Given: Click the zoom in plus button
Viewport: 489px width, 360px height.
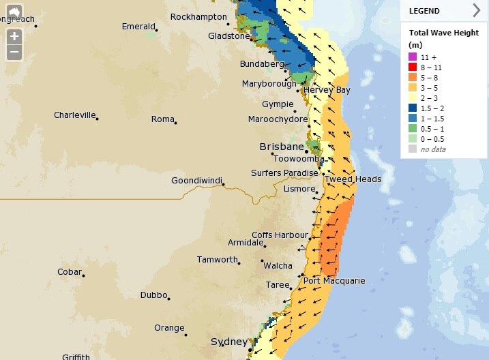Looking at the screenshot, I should click(14, 36).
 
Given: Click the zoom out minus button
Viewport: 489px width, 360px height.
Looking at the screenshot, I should click(14, 52).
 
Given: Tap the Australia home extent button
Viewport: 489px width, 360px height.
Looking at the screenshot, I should click(14, 12).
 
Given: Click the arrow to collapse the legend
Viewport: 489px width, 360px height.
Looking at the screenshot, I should click(476, 10).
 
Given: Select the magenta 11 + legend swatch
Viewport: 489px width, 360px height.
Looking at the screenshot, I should click(413, 57).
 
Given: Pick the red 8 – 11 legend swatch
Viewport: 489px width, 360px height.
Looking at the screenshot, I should click(413, 68).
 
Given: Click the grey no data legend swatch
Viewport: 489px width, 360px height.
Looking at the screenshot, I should click(413, 149).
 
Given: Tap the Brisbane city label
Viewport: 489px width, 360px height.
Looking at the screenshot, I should click(281, 147).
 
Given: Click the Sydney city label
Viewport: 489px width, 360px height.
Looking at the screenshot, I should click(229, 342).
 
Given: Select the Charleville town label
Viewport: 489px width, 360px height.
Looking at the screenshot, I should click(74, 115).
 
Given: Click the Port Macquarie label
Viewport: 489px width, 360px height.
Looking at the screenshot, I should click(334, 281).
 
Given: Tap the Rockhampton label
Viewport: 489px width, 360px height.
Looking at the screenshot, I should click(198, 16).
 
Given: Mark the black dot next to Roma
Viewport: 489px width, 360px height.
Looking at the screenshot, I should click(176, 123).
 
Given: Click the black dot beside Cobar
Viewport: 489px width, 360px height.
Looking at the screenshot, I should click(83, 275).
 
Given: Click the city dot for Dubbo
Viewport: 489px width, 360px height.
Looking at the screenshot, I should click(168, 299).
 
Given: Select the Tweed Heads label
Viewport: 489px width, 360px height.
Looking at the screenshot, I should click(353, 179).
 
